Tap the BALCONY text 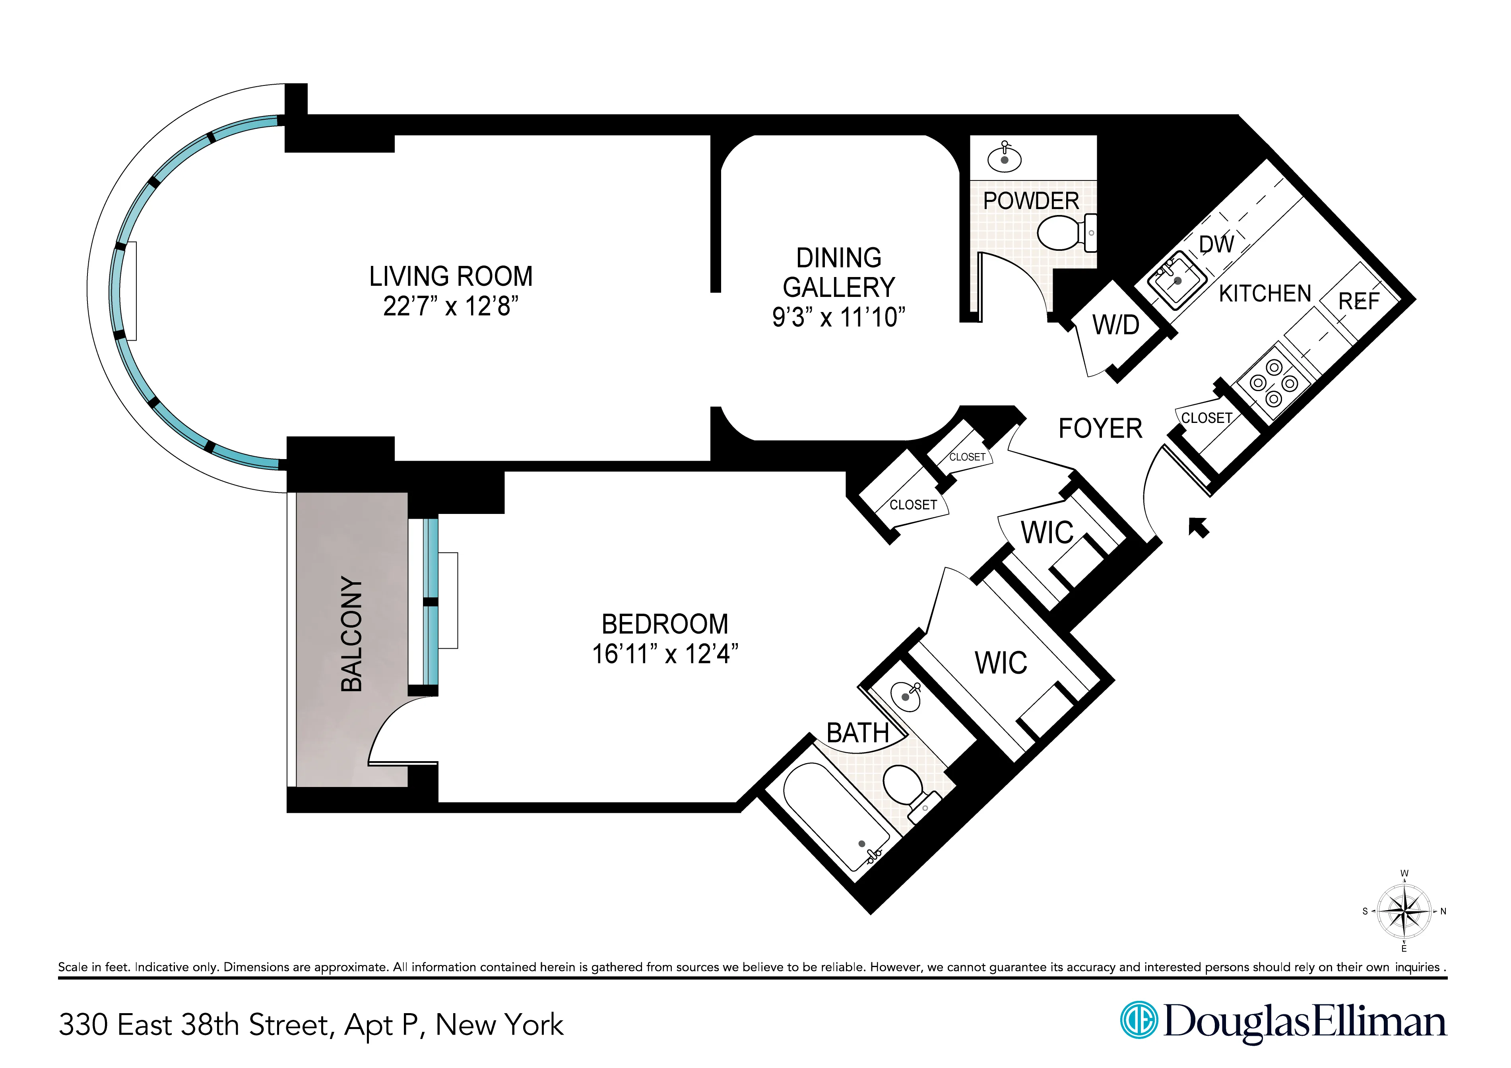tap(352, 634)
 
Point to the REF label tap(1358, 301)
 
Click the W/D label tap(1116, 325)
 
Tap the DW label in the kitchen tap(1216, 244)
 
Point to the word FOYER tap(1100, 428)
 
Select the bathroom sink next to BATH tap(906, 695)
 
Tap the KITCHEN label tap(1265, 293)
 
